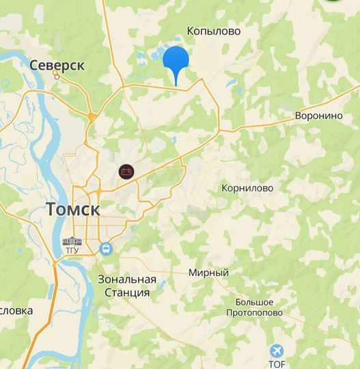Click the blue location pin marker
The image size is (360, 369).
click(x=176, y=61)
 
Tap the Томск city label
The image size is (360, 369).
click(x=73, y=210)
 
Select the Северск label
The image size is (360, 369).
click(x=57, y=66)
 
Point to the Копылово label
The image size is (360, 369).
click(x=213, y=31)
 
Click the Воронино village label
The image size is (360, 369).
click(x=318, y=116)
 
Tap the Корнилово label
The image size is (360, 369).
click(x=247, y=188)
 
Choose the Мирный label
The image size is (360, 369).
click(x=208, y=273)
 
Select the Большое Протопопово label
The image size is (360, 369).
click(x=255, y=307)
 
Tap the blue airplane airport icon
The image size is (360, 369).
click(x=277, y=351)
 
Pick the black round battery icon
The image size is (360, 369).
click(x=125, y=172)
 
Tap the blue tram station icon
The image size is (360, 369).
click(x=106, y=249)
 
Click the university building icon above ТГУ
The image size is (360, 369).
click(x=72, y=242)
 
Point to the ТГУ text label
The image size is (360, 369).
click(x=72, y=251)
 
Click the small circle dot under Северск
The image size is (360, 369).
click(x=57, y=77)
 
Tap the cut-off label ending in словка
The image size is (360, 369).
click(x=16, y=310)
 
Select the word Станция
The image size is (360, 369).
click(x=127, y=292)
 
